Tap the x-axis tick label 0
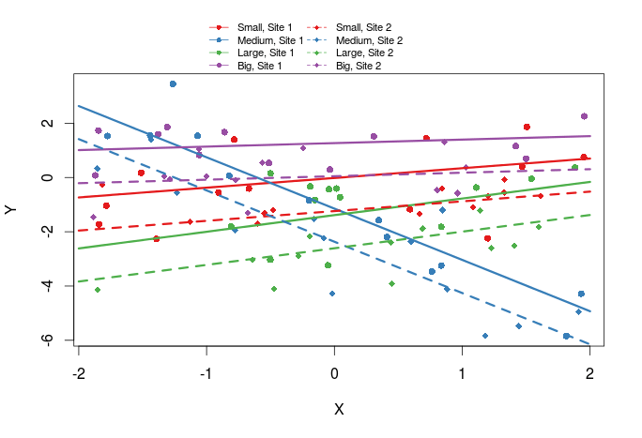[334, 374]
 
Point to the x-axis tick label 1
[462, 374]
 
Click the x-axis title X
[340, 410]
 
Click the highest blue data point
[173, 83]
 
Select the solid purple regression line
[375, 142]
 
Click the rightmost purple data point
[584, 116]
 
